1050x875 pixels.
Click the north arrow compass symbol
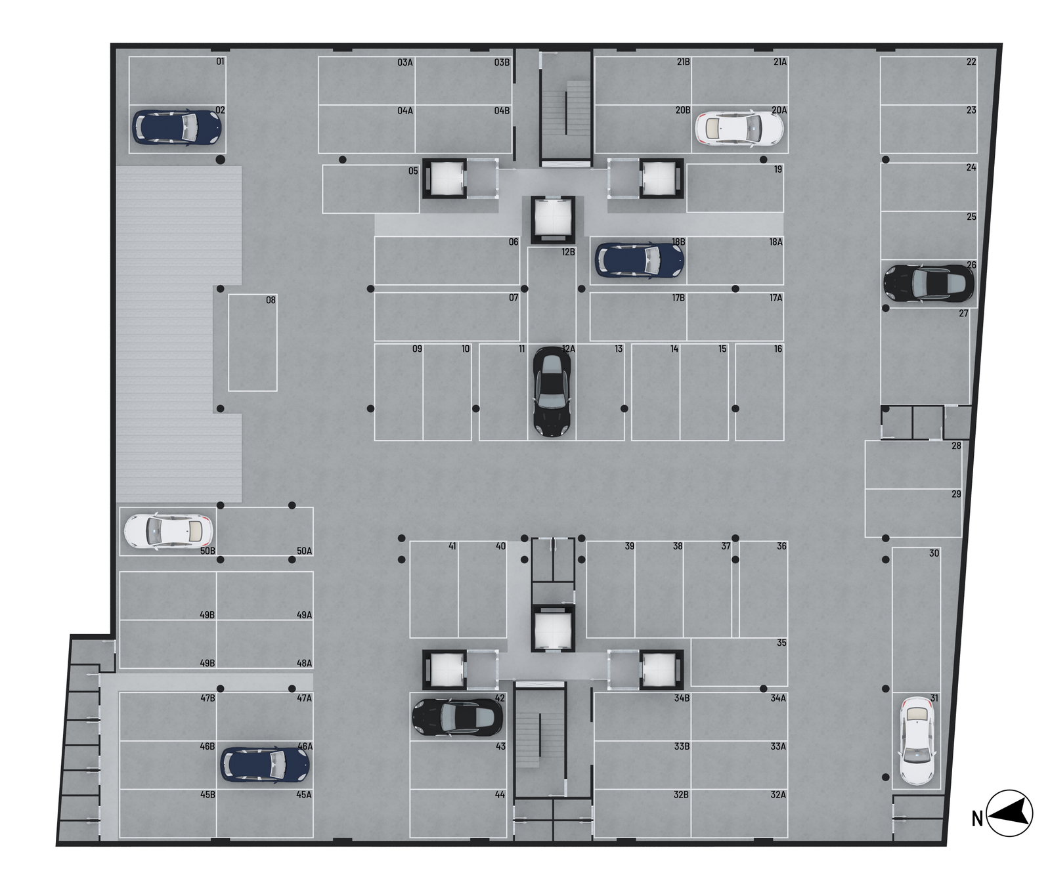point(1009,813)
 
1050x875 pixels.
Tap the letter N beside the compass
point(977,819)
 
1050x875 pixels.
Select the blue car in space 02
point(177,127)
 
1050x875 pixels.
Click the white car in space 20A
point(739,128)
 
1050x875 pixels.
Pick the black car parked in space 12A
point(552,391)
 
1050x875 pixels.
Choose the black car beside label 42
point(457,716)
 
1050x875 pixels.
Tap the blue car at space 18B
point(639,259)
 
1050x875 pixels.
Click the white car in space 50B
point(168,530)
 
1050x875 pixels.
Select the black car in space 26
point(929,282)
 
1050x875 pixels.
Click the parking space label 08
point(271,301)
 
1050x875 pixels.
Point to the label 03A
point(405,63)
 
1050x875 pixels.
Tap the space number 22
point(971,62)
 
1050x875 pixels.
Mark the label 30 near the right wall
point(934,553)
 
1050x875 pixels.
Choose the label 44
point(500,795)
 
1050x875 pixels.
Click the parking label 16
point(777,349)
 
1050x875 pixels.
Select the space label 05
point(412,171)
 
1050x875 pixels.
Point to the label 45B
point(208,795)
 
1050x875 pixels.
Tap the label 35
point(781,643)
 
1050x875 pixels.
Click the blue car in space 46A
point(265,765)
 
